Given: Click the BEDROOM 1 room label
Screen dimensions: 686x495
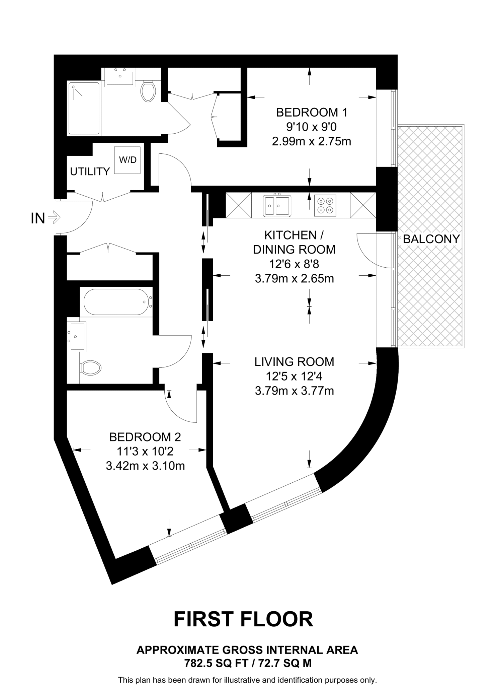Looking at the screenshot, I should (x=312, y=112).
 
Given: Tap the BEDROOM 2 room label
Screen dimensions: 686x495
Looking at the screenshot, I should (x=145, y=437).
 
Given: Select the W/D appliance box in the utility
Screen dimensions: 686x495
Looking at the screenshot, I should (x=128, y=160).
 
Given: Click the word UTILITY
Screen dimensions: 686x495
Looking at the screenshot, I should (x=90, y=171).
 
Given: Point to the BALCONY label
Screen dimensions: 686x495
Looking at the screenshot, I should (x=431, y=239).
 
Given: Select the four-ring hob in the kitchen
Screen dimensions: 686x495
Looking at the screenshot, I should (x=325, y=206).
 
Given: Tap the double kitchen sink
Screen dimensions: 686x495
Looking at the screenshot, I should (x=277, y=205).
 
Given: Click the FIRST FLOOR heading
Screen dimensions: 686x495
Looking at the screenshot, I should (x=243, y=619).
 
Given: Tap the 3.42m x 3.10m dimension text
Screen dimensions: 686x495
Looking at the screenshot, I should (x=145, y=466).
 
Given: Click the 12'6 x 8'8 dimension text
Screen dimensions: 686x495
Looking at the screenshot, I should (x=294, y=264).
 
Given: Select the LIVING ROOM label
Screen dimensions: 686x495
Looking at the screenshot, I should (x=294, y=362).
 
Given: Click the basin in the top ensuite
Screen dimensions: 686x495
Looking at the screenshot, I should (x=120, y=77).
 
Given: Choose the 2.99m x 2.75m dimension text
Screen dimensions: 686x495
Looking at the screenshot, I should (x=312, y=141).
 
